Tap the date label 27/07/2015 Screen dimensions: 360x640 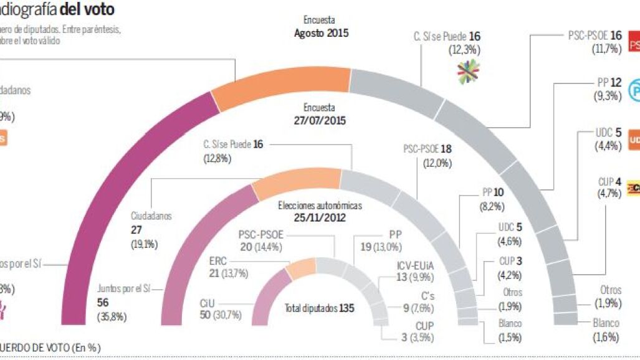pos(320,120)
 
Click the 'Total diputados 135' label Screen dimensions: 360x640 pos(316,308)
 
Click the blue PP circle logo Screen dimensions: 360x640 pos(633,90)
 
